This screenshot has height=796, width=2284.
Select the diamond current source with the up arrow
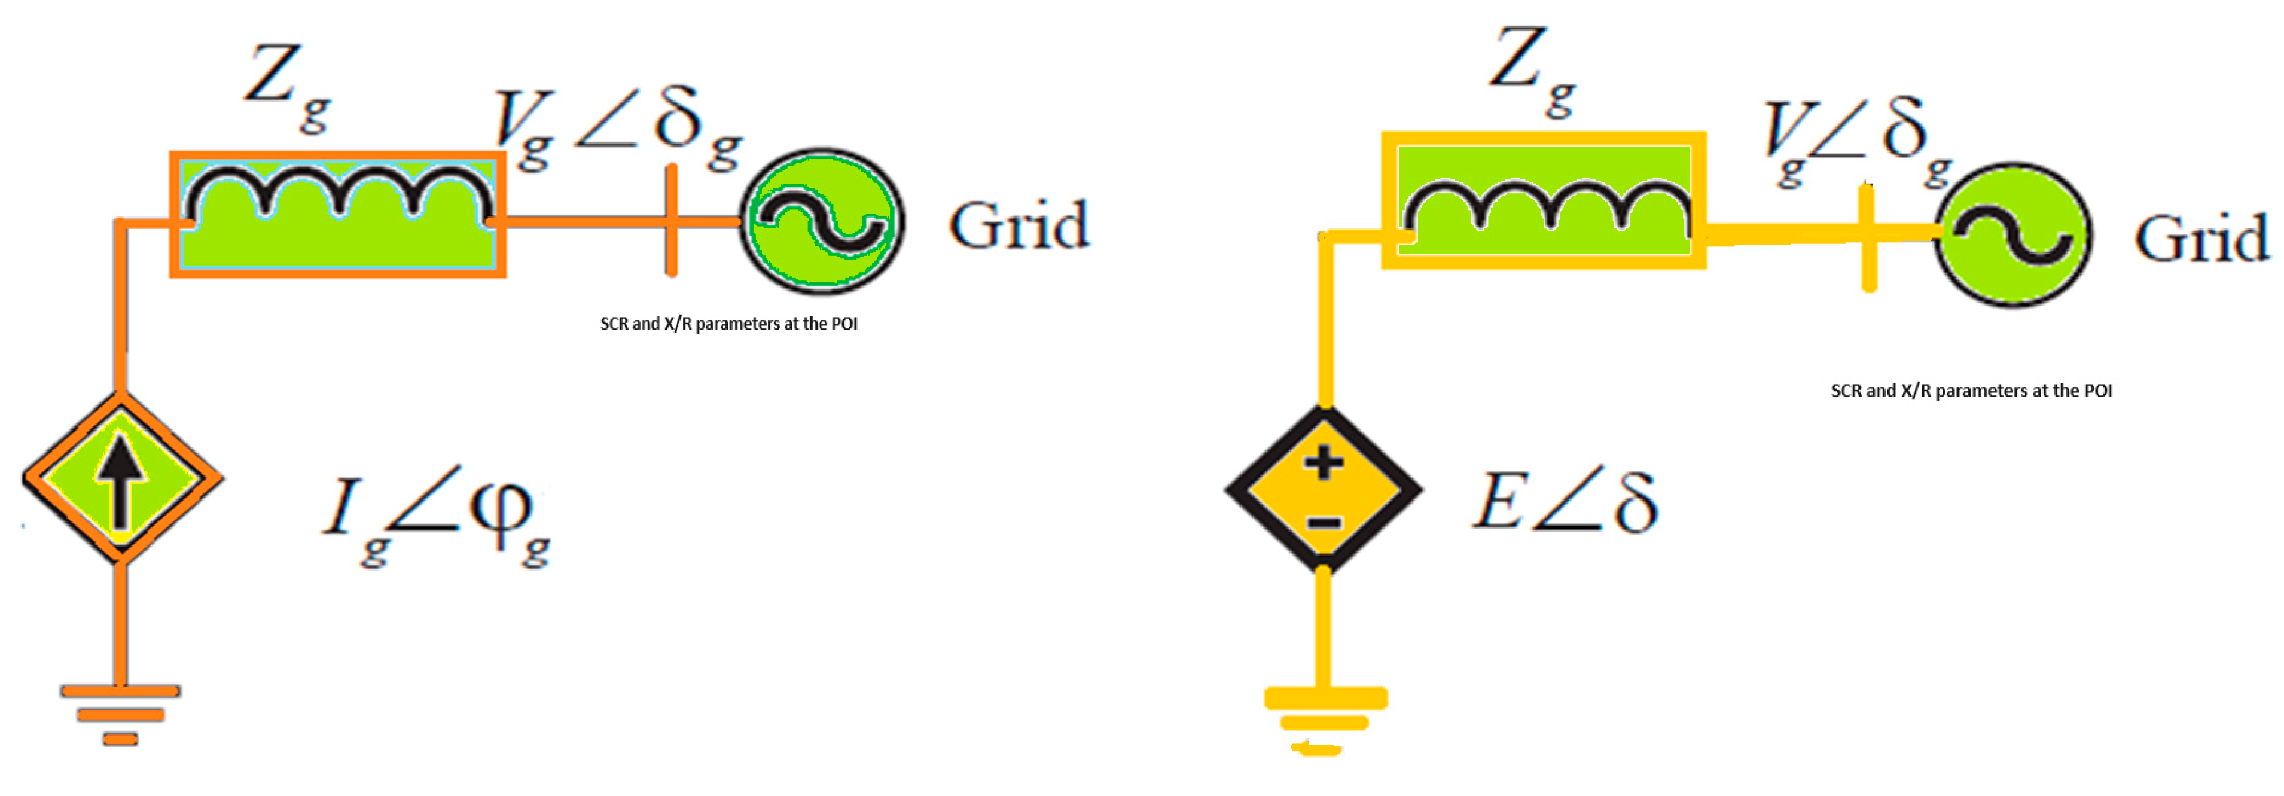click(121, 478)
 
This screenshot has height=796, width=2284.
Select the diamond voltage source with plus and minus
click(1324, 490)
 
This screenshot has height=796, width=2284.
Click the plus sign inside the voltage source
click(1324, 463)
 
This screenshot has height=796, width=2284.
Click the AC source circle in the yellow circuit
click(2012, 236)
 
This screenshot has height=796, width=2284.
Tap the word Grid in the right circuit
click(2201, 239)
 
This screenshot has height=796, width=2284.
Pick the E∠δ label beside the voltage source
click(1565, 502)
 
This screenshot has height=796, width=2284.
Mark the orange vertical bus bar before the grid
click(671, 220)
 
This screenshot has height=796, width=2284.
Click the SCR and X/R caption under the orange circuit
click(729, 324)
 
